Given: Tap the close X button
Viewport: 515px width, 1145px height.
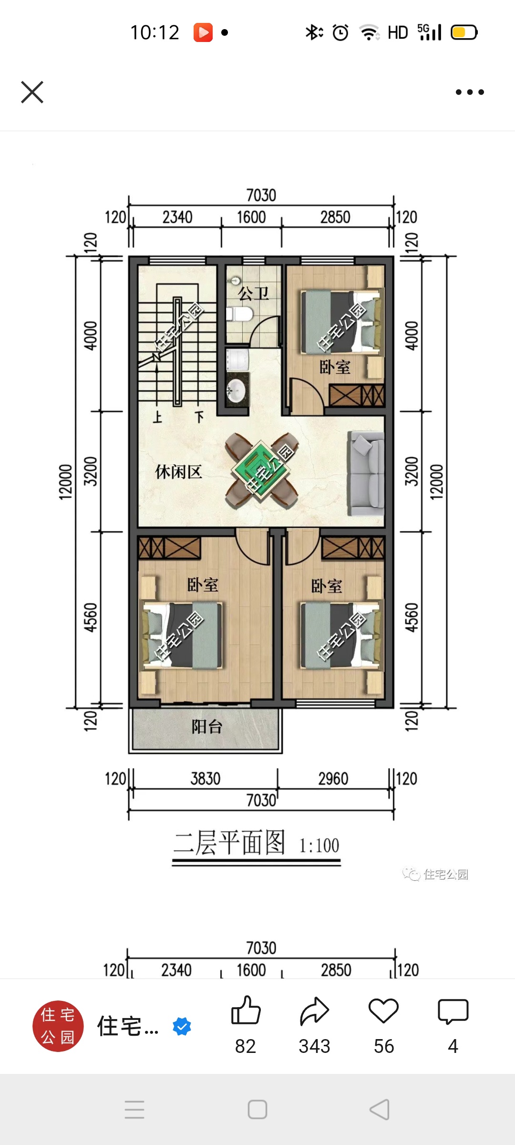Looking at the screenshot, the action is pyautogui.click(x=32, y=92).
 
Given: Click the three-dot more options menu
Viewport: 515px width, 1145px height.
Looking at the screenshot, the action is pyautogui.click(x=470, y=92).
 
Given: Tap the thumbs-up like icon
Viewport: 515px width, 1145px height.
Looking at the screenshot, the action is pyautogui.click(x=246, y=1010).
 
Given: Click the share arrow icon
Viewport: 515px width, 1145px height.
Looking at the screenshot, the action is pyautogui.click(x=315, y=1011).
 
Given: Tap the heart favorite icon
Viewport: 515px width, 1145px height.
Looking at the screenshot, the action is pyautogui.click(x=383, y=1011).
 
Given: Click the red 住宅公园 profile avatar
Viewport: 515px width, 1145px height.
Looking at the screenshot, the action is pyautogui.click(x=58, y=1026).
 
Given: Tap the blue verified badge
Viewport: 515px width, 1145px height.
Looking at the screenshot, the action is pyautogui.click(x=182, y=1026).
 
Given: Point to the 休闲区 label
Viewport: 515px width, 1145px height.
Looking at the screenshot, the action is pyautogui.click(x=178, y=472).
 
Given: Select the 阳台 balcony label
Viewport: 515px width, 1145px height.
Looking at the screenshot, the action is pyautogui.click(x=207, y=727).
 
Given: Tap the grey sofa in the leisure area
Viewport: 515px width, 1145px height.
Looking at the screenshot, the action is pyautogui.click(x=366, y=473).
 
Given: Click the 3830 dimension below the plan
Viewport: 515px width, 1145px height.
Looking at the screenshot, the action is pyautogui.click(x=206, y=779).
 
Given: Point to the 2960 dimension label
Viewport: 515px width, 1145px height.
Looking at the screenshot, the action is pyautogui.click(x=333, y=779).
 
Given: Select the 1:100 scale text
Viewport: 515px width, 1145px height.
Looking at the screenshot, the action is pyautogui.click(x=319, y=846).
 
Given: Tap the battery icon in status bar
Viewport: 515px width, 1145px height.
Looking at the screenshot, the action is pyautogui.click(x=464, y=32).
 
